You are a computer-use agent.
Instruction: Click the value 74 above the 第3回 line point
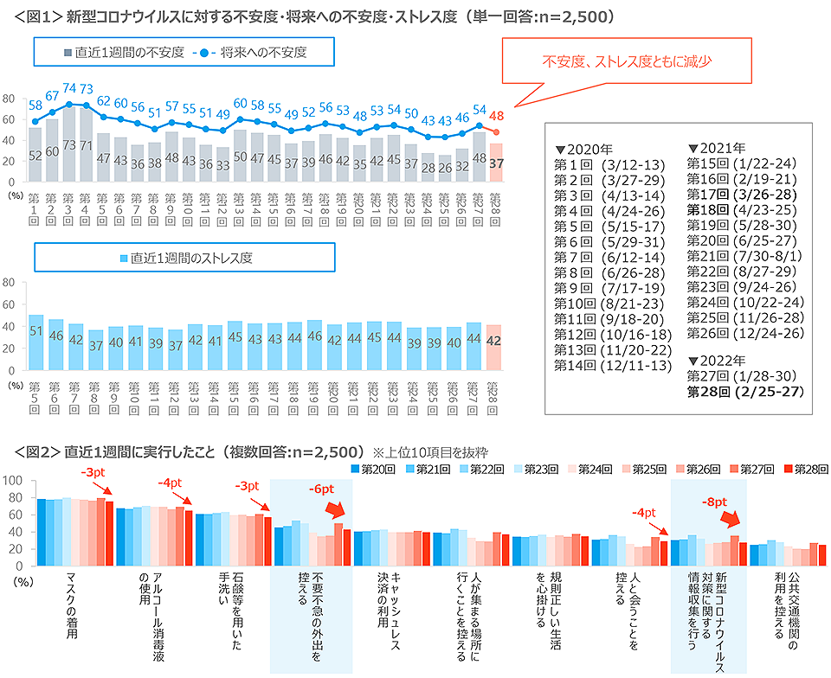click(x=68, y=88)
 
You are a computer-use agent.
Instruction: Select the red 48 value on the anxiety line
click(x=496, y=115)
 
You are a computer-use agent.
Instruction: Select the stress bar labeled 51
click(x=35, y=332)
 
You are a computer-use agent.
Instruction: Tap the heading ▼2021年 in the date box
click(x=715, y=147)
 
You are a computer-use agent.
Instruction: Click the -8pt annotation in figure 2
click(x=712, y=501)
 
